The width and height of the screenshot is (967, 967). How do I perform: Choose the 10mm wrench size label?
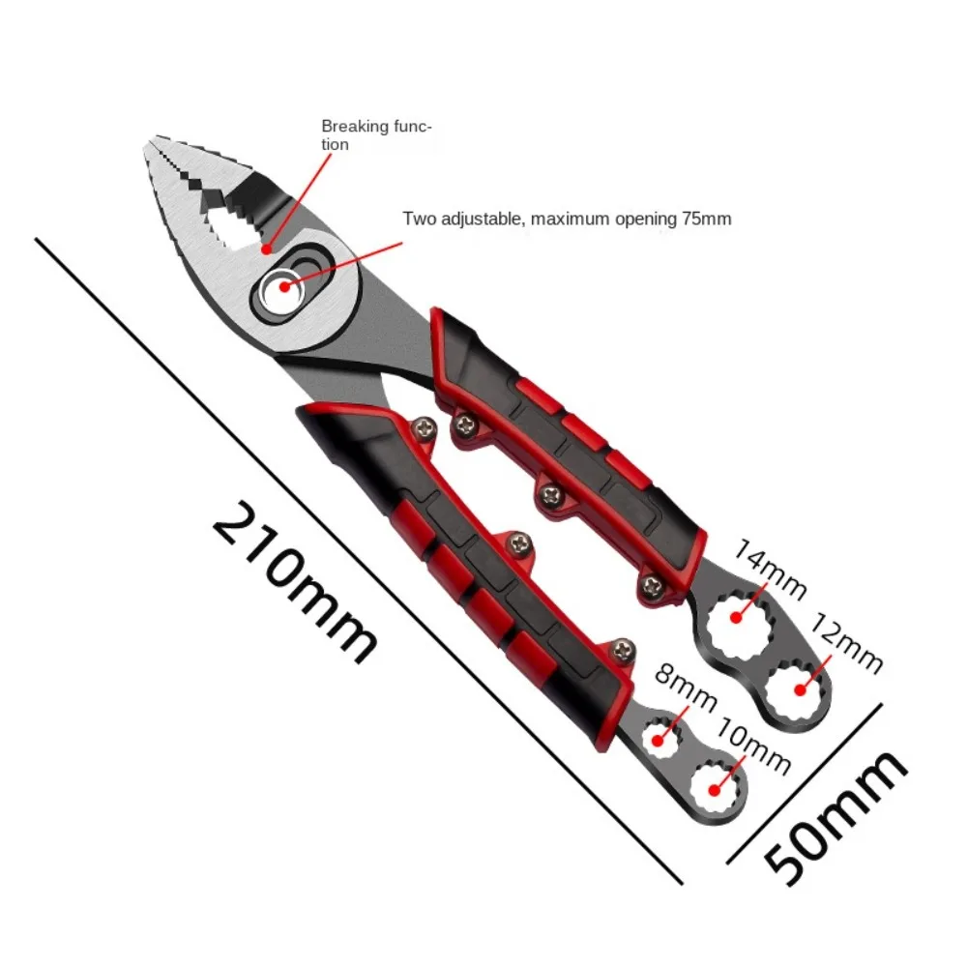pos(754,747)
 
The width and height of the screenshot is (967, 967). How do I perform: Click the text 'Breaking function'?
pos(376,134)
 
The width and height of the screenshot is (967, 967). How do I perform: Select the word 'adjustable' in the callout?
pos(480,219)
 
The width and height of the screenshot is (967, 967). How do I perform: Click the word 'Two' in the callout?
pos(419,219)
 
